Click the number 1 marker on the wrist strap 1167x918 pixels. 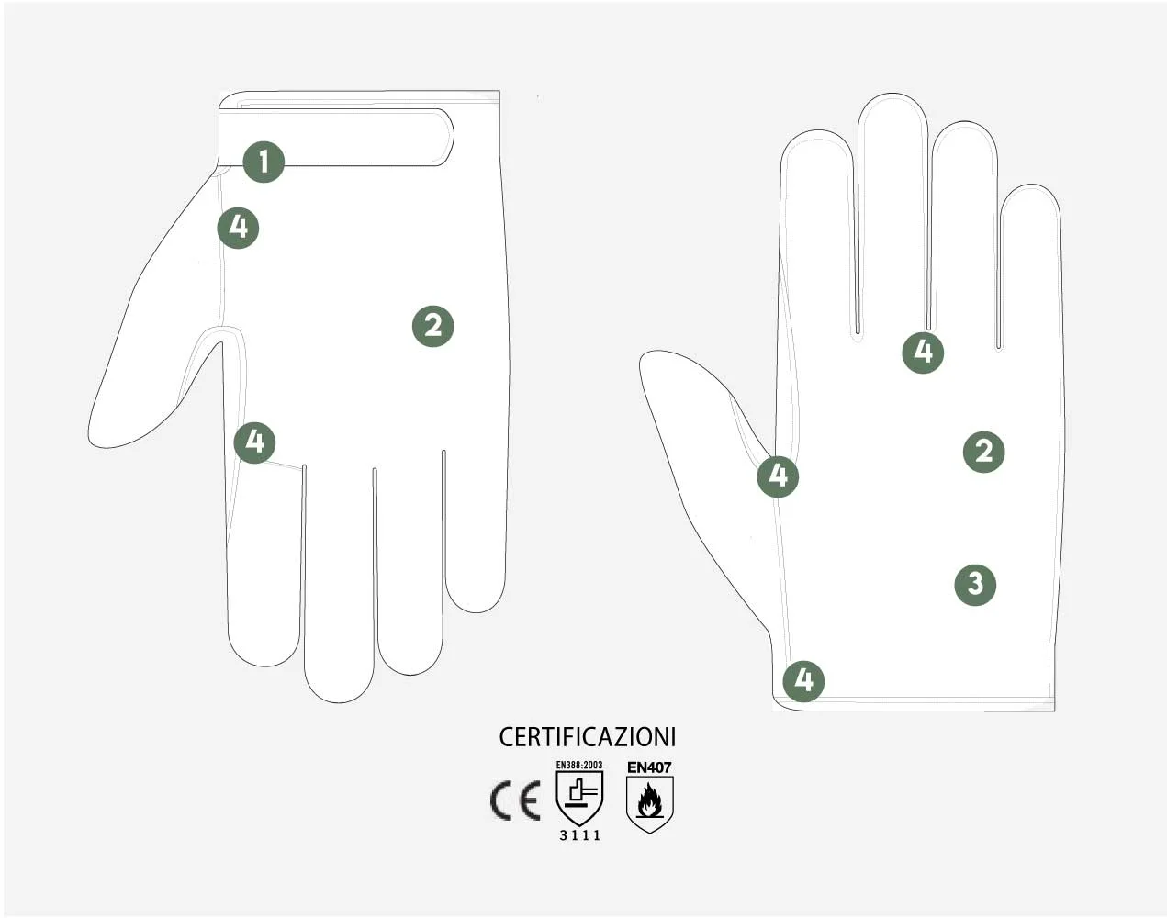[x=264, y=162]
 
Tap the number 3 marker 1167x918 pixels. [x=975, y=585]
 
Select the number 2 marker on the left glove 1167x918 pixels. [x=432, y=326]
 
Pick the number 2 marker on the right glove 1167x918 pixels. [x=983, y=452]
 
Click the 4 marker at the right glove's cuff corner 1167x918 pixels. [x=803, y=681]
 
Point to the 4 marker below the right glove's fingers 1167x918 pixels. [x=923, y=353]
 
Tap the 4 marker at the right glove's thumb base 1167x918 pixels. [x=778, y=476]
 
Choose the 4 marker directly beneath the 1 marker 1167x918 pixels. [x=238, y=228]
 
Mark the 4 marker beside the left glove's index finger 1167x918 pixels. [x=254, y=442]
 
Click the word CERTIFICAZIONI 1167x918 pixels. [x=588, y=737]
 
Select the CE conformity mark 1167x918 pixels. [x=515, y=800]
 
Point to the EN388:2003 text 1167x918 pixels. [x=579, y=765]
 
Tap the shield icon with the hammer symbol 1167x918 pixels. [x=579, y=798]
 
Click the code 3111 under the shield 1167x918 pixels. [x=579, y=835]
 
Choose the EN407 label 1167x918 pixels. [x=649, y=767]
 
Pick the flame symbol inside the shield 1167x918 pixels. [x=649, y=800]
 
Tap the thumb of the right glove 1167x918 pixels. [x=705, y=477]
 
